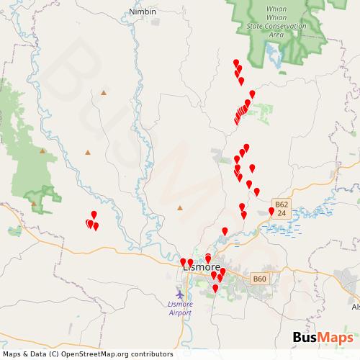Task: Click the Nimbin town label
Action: point(142,12)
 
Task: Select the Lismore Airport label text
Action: point(179,308)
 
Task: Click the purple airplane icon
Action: point(179,294)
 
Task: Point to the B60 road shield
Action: point(259,279)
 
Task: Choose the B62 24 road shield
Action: point(282,209)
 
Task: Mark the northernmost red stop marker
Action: point(235,62)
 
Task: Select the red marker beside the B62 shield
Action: point(271,210)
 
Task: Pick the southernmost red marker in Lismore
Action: point(215,288)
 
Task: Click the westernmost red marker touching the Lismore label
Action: point(183,261)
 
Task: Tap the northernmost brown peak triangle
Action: point(104,92)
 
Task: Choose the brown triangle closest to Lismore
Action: point(180,209)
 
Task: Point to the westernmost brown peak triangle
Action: point(34,202)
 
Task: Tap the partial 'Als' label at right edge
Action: point(355,307)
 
